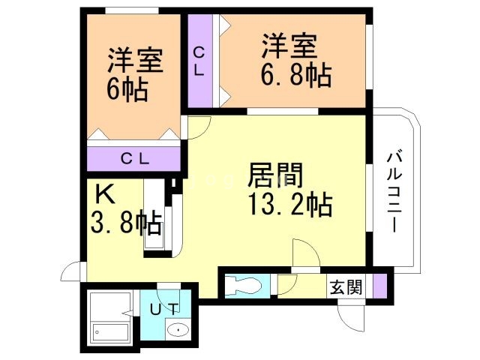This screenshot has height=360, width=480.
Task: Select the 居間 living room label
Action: [276, 178]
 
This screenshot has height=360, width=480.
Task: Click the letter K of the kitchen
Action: [104, 196]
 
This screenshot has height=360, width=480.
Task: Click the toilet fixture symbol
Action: [244, 285]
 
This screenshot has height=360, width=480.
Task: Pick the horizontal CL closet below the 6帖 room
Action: [135, 158]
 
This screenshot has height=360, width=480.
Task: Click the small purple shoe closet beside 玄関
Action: [379, 286]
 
